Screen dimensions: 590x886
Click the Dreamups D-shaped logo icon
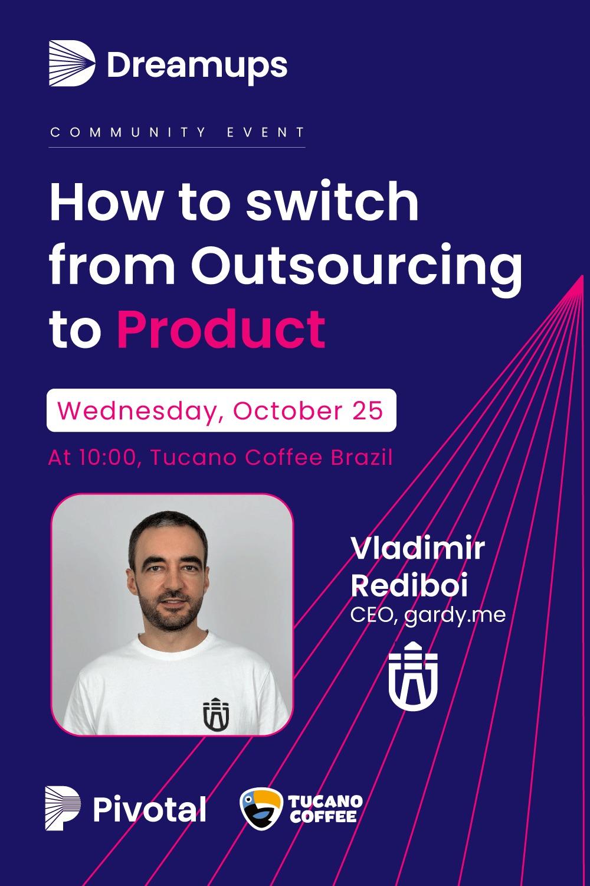72,63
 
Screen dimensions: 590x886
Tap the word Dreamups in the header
197,66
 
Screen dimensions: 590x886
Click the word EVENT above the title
265,132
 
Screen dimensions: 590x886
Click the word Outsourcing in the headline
356,265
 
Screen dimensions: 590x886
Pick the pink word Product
221,329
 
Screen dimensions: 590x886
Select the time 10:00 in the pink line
107,458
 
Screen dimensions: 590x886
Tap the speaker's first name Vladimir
418,548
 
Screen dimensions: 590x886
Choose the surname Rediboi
409,584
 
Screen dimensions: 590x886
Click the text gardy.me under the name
455,616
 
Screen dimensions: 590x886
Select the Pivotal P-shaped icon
63,808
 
